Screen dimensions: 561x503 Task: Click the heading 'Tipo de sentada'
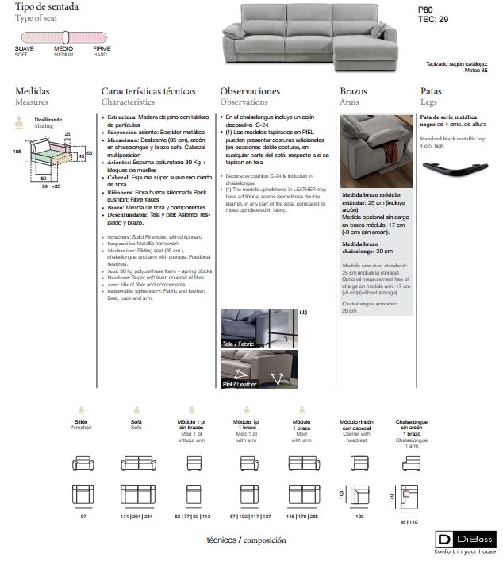[x=46, y=6]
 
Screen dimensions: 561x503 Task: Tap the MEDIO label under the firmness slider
[x=63, y=49]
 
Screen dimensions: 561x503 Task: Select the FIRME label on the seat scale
[x=101, y=49]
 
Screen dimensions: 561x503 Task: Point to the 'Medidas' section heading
[x=32, y=92]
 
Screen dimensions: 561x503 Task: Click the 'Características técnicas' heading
[x=148, y=92]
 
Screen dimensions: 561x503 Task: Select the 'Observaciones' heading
[x=250, y=92]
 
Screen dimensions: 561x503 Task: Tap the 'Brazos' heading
[x=353, y=92]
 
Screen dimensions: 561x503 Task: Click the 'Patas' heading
[x=431, y=92]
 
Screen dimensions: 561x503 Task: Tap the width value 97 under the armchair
[x=83, y=517]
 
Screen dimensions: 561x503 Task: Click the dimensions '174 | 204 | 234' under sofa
[x=136, y=517]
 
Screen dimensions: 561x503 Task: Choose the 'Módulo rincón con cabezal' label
[x=355, y=425]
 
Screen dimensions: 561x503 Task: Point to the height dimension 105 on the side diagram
[x=17, y=150]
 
